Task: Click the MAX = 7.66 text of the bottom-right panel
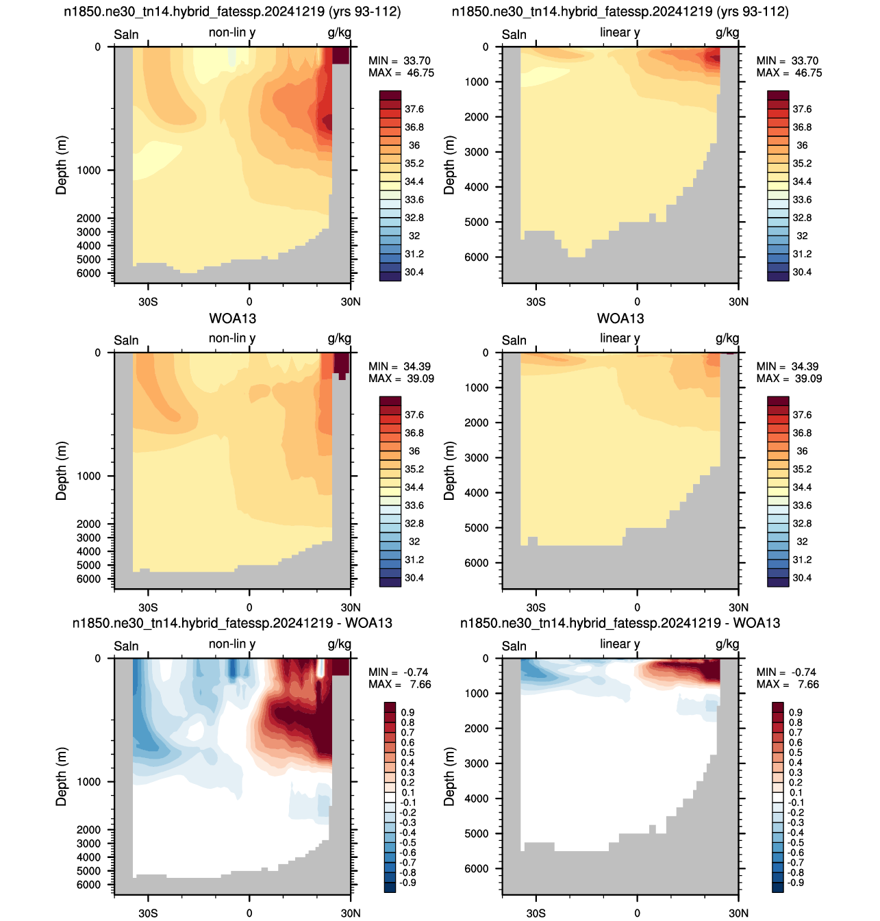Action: click(x=782, y=684)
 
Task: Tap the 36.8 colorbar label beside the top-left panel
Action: click(x=414, y=127)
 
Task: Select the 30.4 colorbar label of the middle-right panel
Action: click(x=802, y=578)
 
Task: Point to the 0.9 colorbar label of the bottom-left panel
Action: click(x=407, y=712)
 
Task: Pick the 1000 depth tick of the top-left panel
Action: click(x=89, y=171)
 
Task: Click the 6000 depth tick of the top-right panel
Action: click(x=477, y=257)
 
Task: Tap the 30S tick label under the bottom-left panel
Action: click(x=148, y=913)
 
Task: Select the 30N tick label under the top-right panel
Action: click(x=738, y=302)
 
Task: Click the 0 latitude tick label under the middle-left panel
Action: click(x=249, y=607)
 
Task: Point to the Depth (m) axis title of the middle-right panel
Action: click(x=449, y=470)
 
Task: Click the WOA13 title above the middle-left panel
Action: click(x=232, y=318)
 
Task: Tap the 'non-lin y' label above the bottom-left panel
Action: click(x=232, y=644)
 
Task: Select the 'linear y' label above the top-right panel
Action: click(x=620, y=33)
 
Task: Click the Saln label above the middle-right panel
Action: click(x=514, y=340)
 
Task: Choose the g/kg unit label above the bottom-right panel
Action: click(x=727, y=644)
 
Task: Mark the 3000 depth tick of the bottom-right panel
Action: click(x=477, y=764)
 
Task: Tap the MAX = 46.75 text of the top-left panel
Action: click(x=401, y=73)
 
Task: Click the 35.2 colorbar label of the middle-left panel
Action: click(x=414, y=469)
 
